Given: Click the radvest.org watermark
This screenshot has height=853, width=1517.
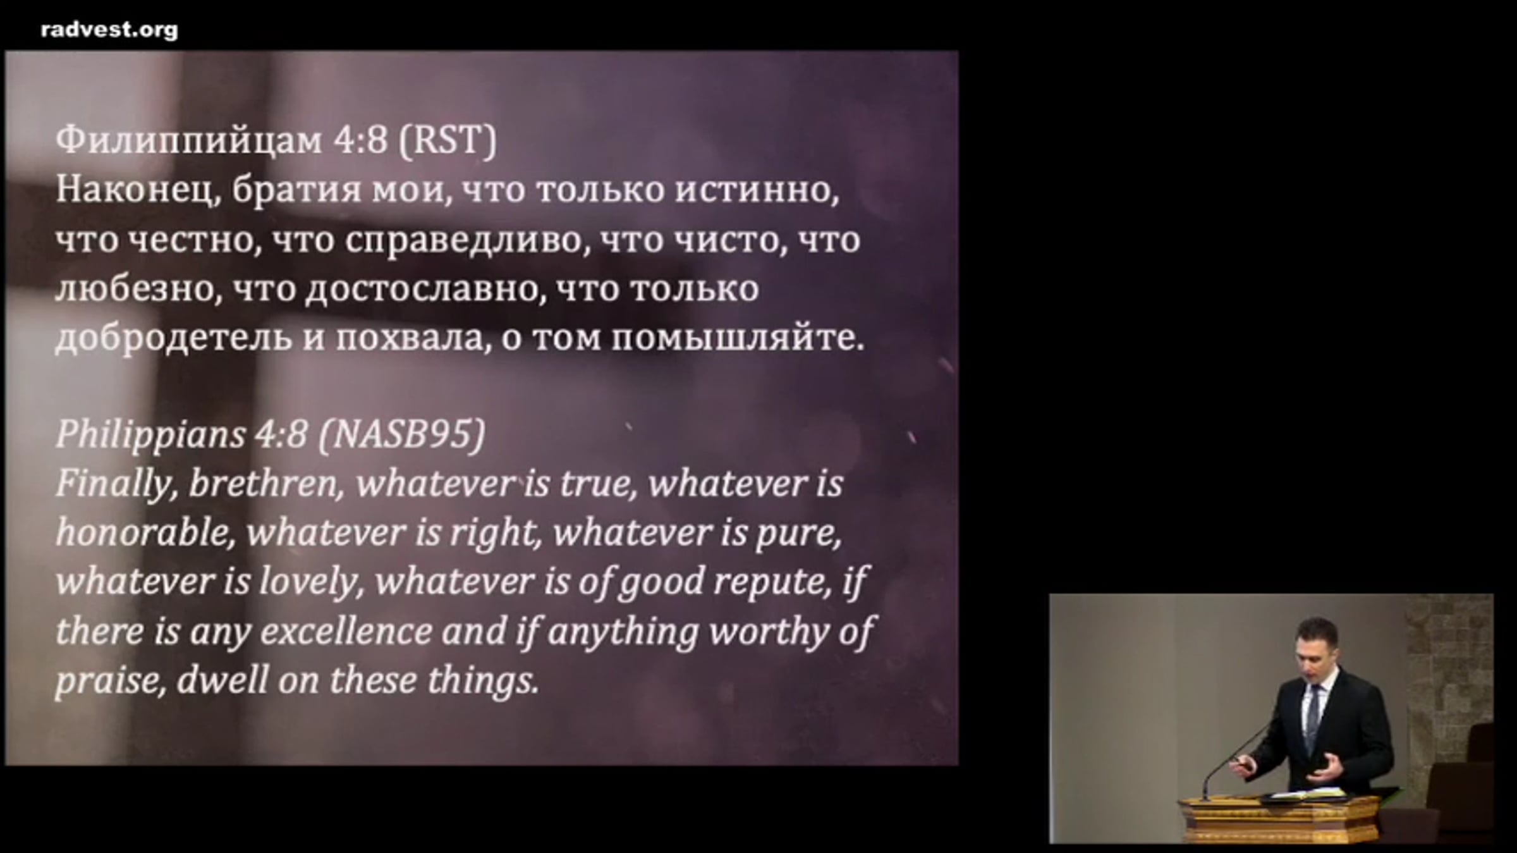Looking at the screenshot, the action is tap(109, 30).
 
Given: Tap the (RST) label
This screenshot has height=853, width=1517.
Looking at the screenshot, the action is tap(448, 140).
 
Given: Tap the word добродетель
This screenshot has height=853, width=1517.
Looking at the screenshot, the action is tap(174, 338).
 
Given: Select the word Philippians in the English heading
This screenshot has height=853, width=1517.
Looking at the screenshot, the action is tap(150, 436).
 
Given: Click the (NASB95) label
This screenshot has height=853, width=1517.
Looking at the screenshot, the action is tap(402, 435).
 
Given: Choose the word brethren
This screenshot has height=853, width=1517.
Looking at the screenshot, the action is tap(266, 484).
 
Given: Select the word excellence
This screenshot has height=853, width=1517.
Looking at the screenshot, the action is tap(346, 632).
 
